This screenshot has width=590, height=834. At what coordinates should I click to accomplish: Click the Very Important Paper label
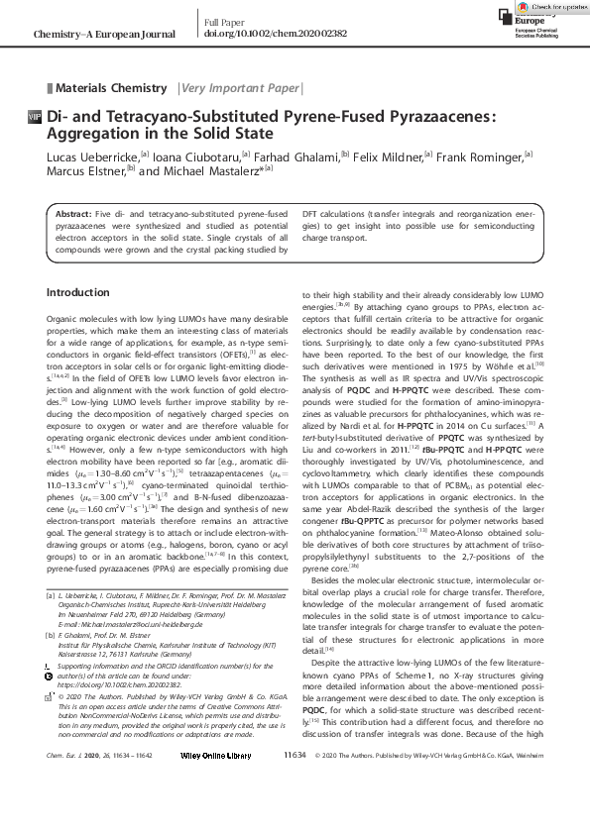click(x=239, y=88)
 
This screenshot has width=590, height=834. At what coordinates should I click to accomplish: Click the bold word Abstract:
click(x=73, y=214)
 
